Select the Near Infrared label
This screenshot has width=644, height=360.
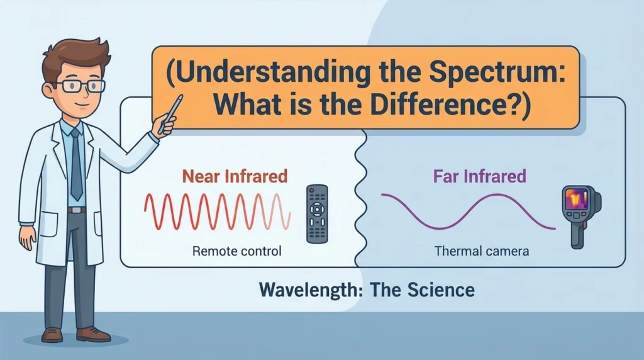coord(235,176)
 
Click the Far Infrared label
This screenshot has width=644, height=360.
coord(480,176)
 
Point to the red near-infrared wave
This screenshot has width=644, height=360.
coord(217,211)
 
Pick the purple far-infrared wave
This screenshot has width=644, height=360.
coord(468,211)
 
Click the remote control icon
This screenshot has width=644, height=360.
coord(317,214)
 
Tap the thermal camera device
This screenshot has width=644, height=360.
coord(580,216)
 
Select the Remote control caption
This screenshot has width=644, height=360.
coord(237,250)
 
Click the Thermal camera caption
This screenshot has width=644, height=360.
coord(482,250)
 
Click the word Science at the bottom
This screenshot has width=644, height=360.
coord(441,290)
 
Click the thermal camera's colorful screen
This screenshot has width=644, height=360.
coord(577,200)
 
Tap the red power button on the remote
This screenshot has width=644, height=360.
coord(312,190)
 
